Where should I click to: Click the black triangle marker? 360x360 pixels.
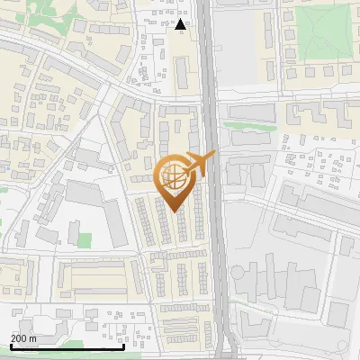[x=181, y=25]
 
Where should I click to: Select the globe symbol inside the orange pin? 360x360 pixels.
[x=175, y=176]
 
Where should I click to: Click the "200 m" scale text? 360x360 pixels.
[x=23, y=337]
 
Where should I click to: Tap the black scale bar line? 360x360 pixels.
[x=67, y=346]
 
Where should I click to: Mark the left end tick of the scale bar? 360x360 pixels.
[x=11, y=345]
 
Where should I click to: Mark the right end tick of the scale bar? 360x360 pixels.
[x=123, y=345]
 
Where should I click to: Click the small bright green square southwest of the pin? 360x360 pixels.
[x=84, y=241]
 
